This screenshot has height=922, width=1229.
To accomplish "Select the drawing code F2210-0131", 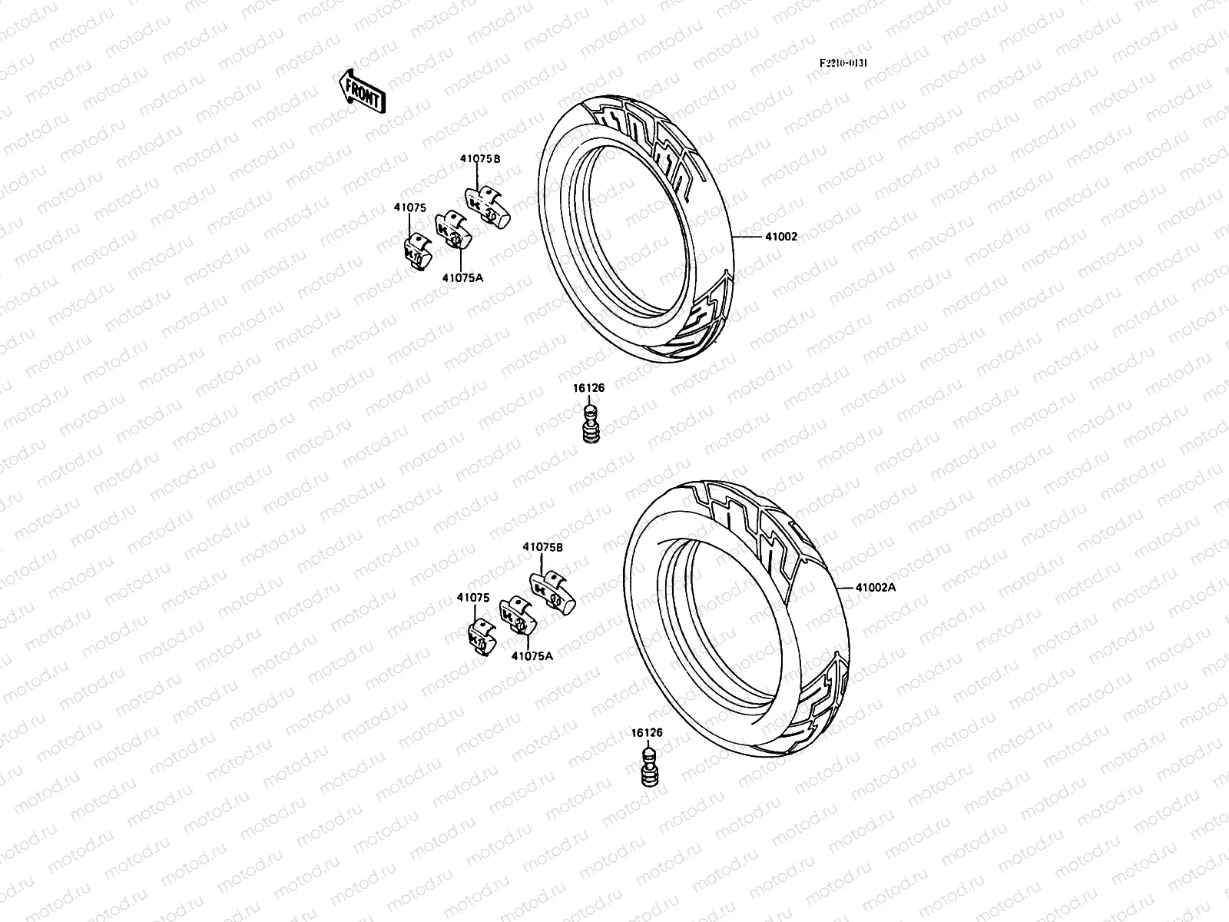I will click(x=843, y=65).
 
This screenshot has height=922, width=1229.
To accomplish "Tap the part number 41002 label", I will click(x=781, y=237).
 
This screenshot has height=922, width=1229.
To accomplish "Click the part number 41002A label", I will click(x=876, y=587).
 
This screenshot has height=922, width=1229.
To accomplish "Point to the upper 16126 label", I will click(x=588, y=388).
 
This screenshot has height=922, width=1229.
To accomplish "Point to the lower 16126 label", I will click(x=648, y=733).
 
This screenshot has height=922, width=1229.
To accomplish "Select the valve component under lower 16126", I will click(x=650, y=771).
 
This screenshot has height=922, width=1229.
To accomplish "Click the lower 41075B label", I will click(x=543, y=546).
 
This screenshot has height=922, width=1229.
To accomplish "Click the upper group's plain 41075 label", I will click(x=409, y=207).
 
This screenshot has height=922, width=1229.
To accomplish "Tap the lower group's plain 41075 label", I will click(x=473, y=597).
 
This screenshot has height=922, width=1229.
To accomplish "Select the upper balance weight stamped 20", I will click(x=451, y=234).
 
